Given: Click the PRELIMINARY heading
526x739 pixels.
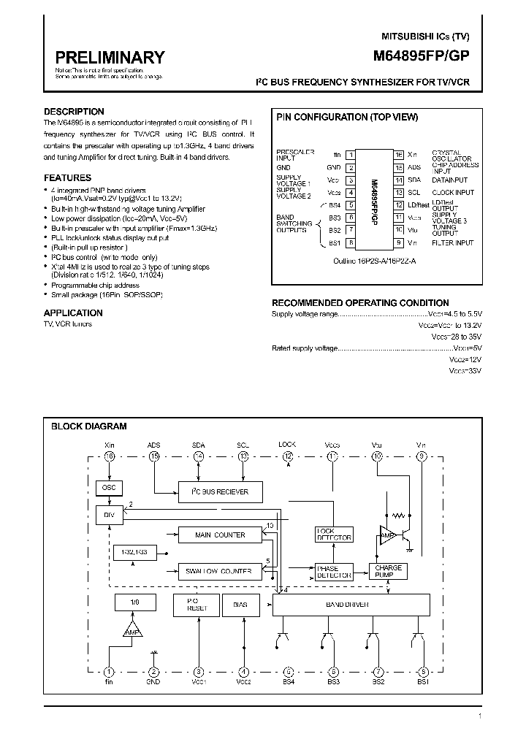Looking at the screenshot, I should click(x=110, y=57).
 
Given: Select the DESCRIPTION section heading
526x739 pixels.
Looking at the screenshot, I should click(x=74, y=112).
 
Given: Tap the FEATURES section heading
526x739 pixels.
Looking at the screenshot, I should click(x=67, y=177).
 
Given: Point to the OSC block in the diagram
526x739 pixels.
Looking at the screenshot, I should click(x=109, y=488).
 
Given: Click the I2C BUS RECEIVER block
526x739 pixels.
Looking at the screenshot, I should click(x=219, y=491).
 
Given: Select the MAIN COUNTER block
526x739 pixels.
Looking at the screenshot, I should click(x=219, y=535).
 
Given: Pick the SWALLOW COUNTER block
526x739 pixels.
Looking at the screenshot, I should click(x=219, y=571).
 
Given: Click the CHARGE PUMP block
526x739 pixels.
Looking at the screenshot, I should click(x=388, y=571).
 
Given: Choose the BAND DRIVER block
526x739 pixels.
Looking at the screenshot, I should click(x=350, y=605).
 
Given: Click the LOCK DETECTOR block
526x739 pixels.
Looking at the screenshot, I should click(x=333, y=535).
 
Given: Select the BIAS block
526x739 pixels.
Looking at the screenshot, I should click(x=240, y=605).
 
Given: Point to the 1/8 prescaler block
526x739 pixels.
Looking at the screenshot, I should click(x=133, y=603).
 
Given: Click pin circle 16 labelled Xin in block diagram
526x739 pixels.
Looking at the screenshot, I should click(x=110, y=456).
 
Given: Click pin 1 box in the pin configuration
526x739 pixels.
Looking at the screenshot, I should click(x=351, y=155).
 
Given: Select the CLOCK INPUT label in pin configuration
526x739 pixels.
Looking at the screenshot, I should click(x=453, y=193).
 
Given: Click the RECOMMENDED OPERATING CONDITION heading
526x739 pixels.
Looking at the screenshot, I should click(x=360, y=302).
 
